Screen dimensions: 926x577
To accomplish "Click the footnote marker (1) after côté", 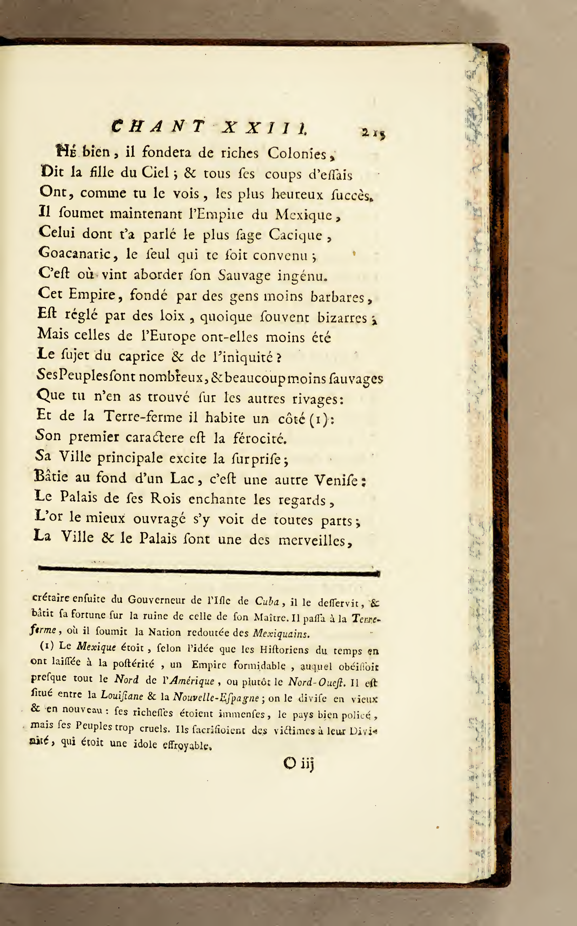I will (x=319, y=419).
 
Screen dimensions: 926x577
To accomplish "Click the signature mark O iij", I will (x=298, y=764).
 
